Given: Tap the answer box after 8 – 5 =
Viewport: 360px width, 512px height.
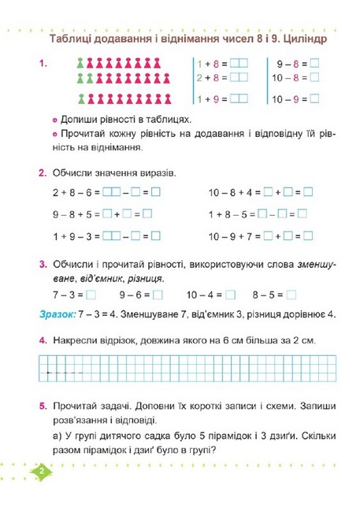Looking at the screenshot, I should pyautogui.click(x=292, y=295).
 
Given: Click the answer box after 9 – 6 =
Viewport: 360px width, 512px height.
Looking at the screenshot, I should pyautogui.click(x=158, y=295).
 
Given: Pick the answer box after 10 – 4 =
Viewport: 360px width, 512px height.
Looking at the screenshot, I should pyautogui.click(x=231, y=295).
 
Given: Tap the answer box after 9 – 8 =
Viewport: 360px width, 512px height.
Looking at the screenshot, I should pyautogui.click(x=314, y=62).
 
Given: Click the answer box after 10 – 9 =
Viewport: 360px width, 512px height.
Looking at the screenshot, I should pyautogui.click(x=315, y=99).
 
